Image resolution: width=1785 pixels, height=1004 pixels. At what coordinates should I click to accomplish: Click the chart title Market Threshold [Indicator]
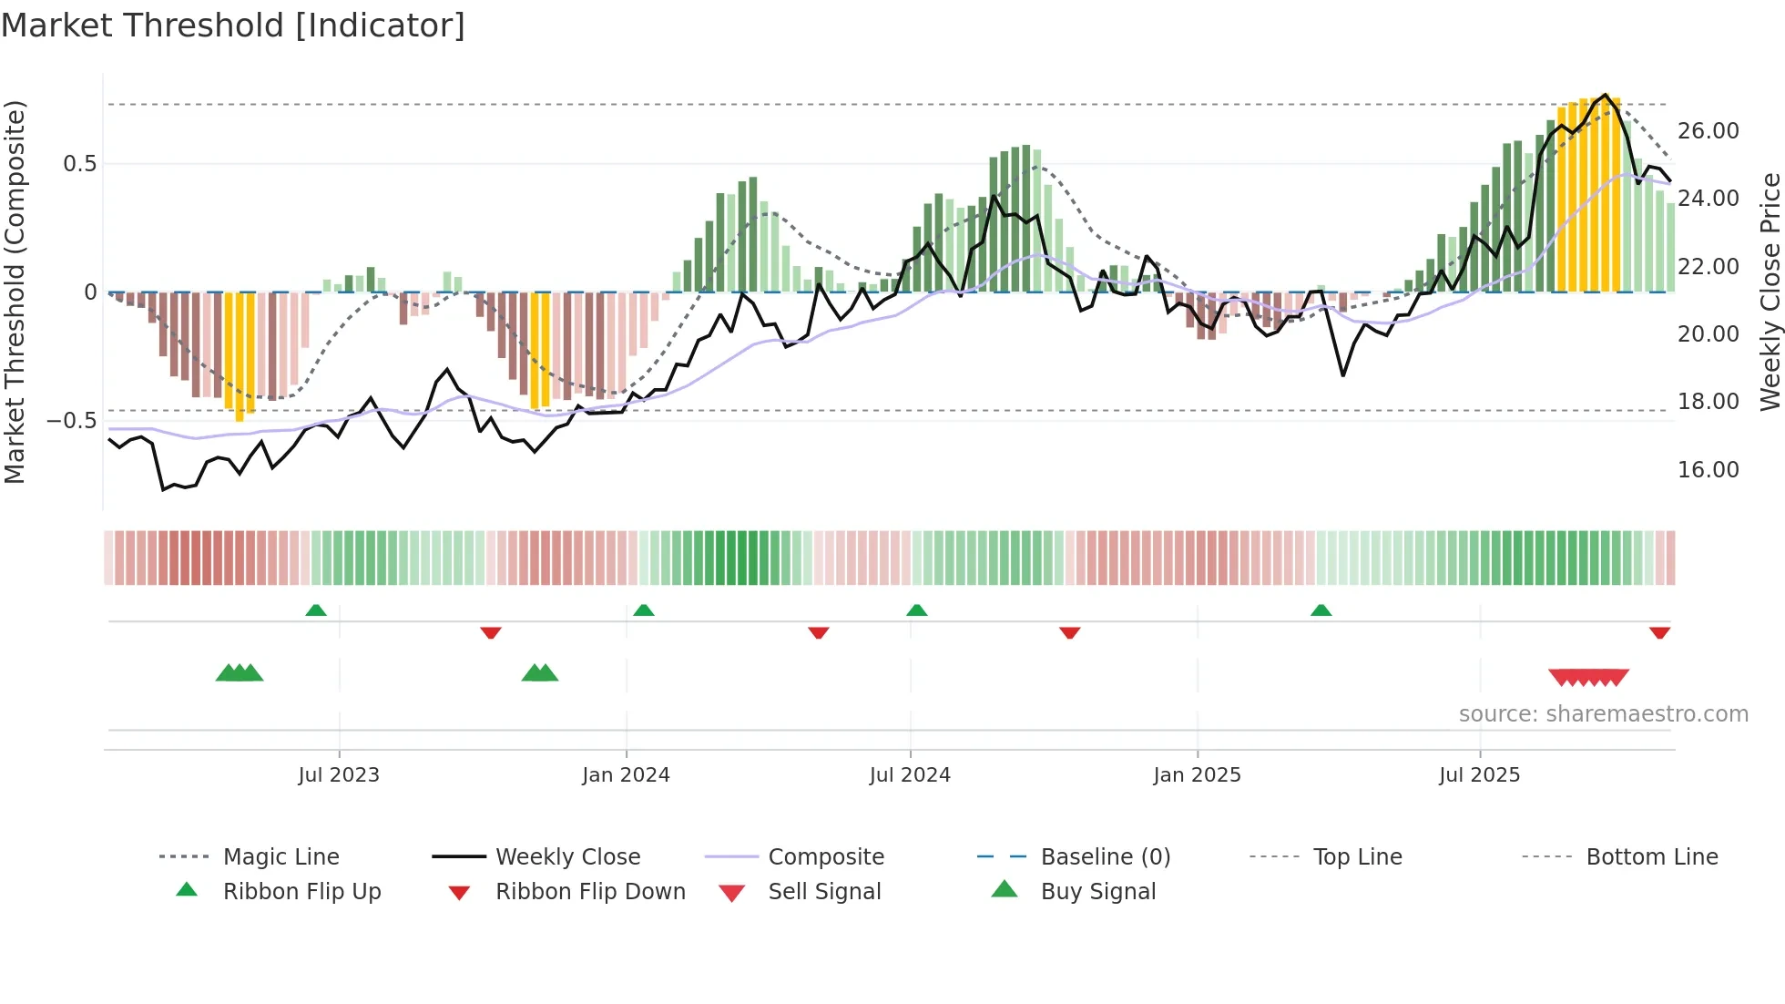233,26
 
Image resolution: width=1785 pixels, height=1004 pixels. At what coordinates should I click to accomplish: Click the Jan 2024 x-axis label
626,775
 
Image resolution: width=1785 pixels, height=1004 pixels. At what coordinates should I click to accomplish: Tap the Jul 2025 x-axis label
1479,775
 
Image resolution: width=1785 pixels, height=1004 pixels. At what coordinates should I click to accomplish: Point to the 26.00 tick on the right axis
1708,131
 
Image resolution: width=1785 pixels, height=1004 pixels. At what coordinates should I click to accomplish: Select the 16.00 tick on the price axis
1708,470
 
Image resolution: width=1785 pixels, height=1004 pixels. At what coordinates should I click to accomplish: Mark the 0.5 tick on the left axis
79,164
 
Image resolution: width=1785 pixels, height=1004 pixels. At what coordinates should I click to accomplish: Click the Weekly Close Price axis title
1769,292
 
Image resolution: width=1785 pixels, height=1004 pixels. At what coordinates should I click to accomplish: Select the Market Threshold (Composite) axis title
15,292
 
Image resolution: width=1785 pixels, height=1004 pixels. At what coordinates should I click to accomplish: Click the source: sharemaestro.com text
1603,714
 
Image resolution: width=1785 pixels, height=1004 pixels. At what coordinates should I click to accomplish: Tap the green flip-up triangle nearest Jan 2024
644,610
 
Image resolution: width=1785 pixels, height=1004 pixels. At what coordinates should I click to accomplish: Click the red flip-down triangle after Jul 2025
1659,632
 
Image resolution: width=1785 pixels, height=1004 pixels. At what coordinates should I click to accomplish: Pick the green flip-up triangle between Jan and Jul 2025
1321,610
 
